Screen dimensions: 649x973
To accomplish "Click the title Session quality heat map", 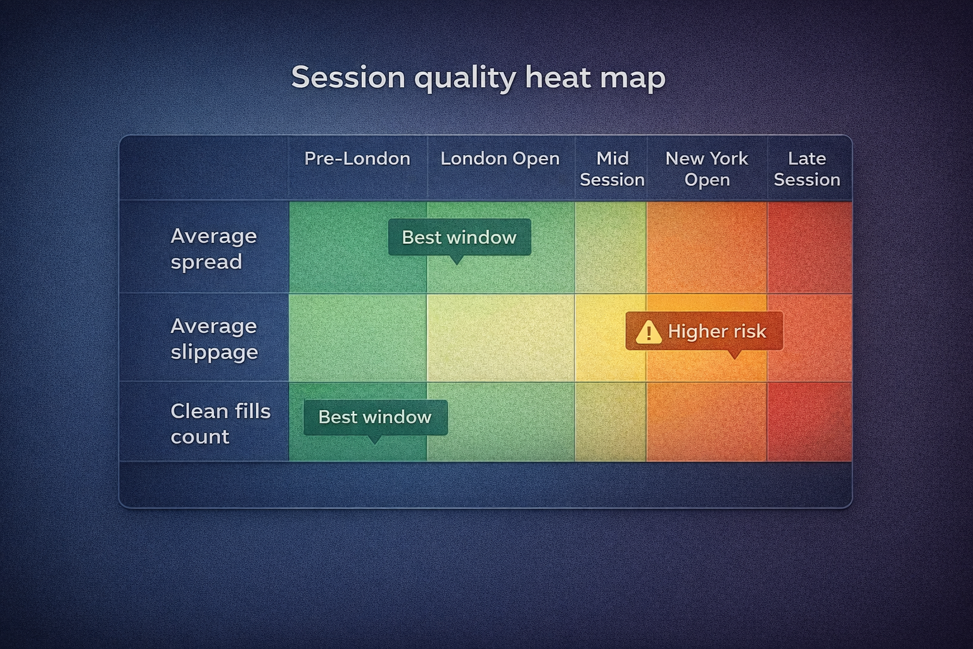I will click(x=478, y=77).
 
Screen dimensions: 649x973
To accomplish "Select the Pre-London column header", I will click(x=357, y=158).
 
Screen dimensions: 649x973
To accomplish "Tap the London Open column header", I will click(x=500, y=158).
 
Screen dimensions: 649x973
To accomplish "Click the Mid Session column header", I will click(x=612, y=169).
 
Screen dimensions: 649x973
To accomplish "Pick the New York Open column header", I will click(x=707, y=169).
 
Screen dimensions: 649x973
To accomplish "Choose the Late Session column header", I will click(x=807, y=169).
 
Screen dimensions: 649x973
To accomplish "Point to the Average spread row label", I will click(x=213, y=248).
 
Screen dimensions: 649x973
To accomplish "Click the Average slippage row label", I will click(x=214, y=338).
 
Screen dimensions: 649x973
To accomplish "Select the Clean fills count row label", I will click(x=220, y=423).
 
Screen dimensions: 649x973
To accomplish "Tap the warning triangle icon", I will click(x=649, y=332).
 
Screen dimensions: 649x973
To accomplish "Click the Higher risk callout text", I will click(x=717, y=331).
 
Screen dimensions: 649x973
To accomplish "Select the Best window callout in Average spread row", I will click(x=459, y=238).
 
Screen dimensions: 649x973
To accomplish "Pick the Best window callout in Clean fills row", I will click(x=375, y=417).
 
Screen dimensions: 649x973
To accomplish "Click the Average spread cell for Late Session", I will click(x=810, y=247).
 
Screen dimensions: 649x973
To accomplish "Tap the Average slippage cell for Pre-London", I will click(x=358, y=338).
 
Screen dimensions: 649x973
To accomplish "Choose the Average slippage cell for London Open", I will click(x=500, y=338).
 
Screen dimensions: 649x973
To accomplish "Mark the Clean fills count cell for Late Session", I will click(x=810, y=422).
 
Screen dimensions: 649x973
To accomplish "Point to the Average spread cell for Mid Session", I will click(x=611, y=247).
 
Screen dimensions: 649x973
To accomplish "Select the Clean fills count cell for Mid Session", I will click(x=611, y=422).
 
